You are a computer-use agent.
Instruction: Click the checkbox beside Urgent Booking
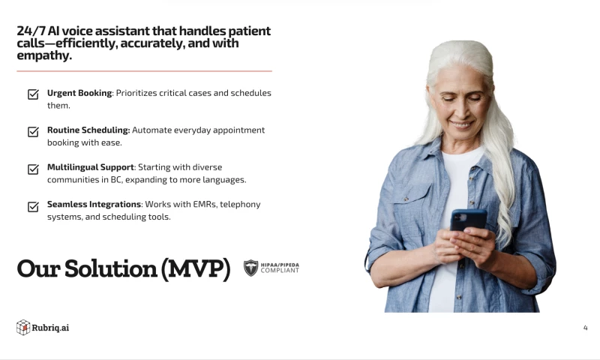(33, 94)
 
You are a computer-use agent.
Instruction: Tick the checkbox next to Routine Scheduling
(33, 132)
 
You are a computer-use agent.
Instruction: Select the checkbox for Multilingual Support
(33, 169)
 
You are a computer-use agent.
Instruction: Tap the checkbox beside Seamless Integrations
(33, 206)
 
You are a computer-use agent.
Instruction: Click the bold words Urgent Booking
(79, 93)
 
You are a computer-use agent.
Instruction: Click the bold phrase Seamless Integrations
(94, 204)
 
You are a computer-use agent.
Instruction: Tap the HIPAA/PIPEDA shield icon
(251, 268)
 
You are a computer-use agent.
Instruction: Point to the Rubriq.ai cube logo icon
(23, 327)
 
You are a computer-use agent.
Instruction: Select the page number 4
(585, 328)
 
